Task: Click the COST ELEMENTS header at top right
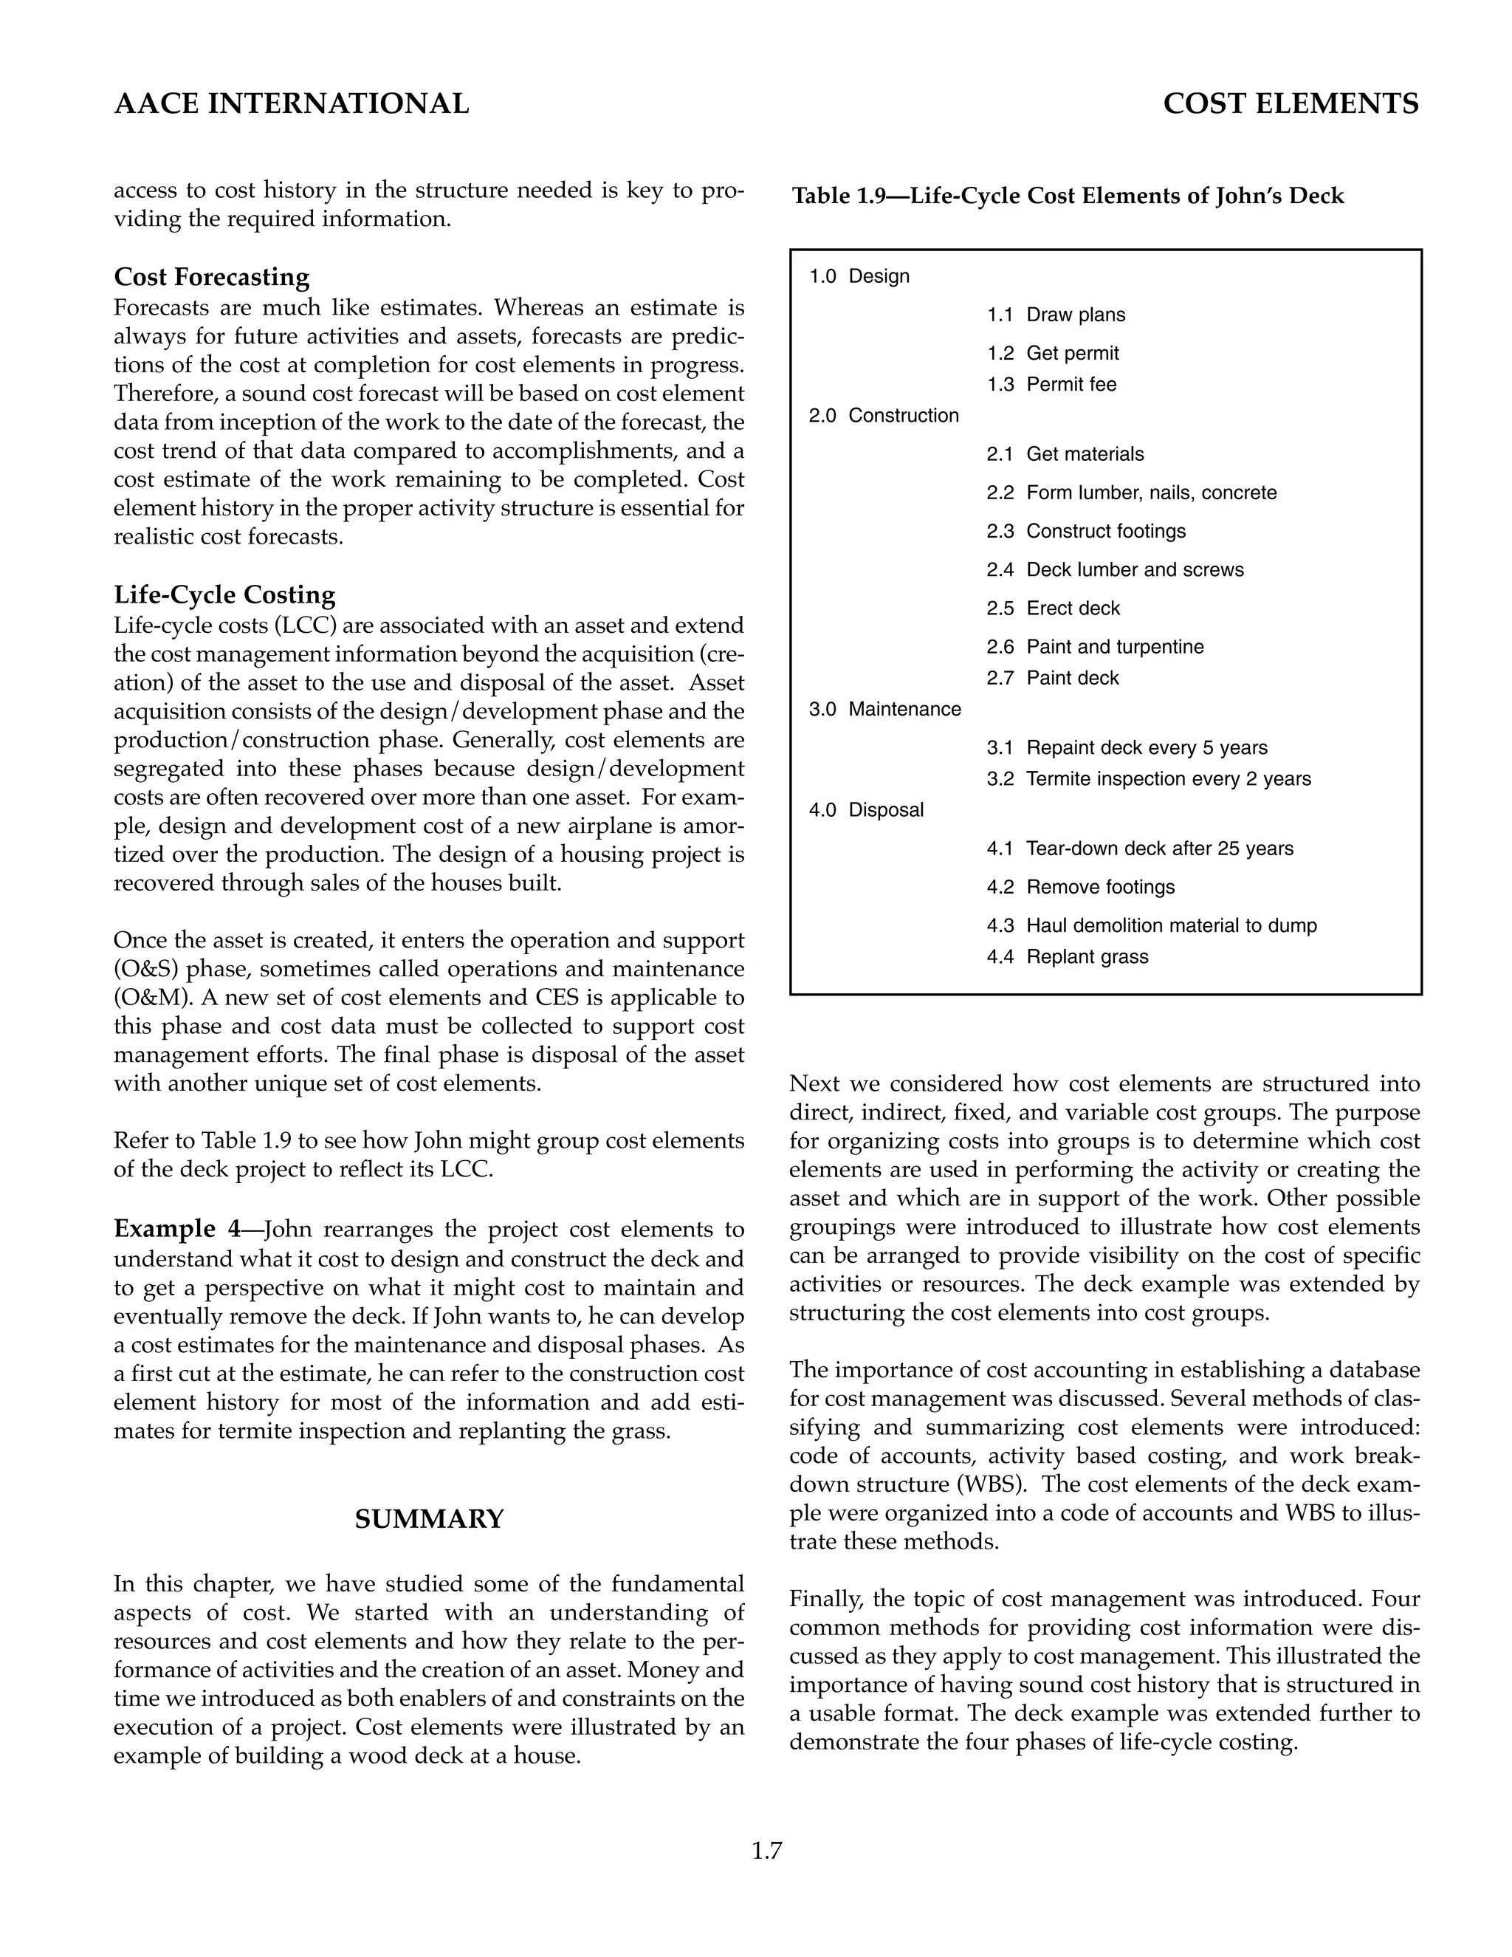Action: (x=1291, y=104)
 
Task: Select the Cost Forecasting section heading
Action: (x=211, y=277)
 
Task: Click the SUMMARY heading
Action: (x=429, y=1519)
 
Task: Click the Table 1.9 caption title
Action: (x=1068, y=196)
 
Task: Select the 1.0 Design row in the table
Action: (x=859, y=276)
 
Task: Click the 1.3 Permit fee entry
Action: (x=1051, y=385)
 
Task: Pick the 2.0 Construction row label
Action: (x=883, y=416)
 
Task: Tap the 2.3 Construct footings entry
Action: (x=1085, y=532)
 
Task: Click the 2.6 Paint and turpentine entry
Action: (x=1096, y=647)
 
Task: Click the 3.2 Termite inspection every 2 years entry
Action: (x=1148, y=778)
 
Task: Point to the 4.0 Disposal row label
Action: (x=866, y=810)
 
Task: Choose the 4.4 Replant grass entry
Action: (x=1067, y=957)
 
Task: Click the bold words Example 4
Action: (x=176, y=1229)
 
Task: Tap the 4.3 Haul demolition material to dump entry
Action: (x=1152, y=925)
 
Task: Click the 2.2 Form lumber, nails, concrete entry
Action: (x=1131, y=493)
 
